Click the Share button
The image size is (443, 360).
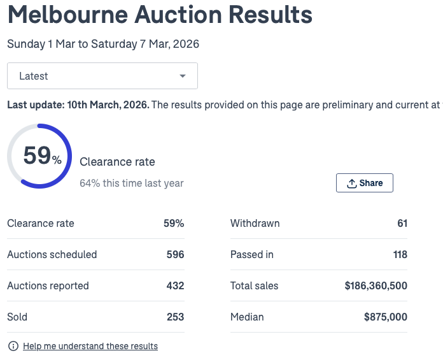pyautogui.click(x=365, y=183)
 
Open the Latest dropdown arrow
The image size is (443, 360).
pyautogui.click(x=183, y=76)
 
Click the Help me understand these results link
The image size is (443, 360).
pyautogui.click(x=90, y=347)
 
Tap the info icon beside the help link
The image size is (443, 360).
pyautogui.click(x=13, y=347)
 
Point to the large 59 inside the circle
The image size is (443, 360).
pyautogui.click(x=37, y=155)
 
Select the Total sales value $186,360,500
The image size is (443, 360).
pyautogui.click(x=376, y=286)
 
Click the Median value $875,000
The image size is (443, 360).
pyautogui.click(x=386, y=317)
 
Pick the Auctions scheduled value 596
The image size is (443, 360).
pyautogui.click(x=175, y=255)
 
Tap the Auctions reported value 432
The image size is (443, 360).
pyautogui.click(x=175, y=286)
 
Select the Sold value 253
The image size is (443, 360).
pyautogui.click(x=175, y=317)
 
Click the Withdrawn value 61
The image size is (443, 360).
pyautogui.click(x=402, y=224)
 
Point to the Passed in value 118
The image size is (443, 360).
pyautogui.click(x=400, y=255)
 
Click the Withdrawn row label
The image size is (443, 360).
pyautogui.click(x=255, y=224)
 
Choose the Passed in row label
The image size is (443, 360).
pyautogui.click(x=251, y=255)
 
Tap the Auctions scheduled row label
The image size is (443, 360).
pyautogui.click(x=52, y=255)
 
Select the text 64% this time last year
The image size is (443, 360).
pyautogui.click(x=132, y=184)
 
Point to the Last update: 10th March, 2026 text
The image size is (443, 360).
pyautogui.click(x=78, y=105)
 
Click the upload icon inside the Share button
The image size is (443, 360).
pyautogui.click(x=351, y=184)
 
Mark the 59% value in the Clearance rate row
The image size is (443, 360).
pyautogui.click(x=174, y=224)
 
